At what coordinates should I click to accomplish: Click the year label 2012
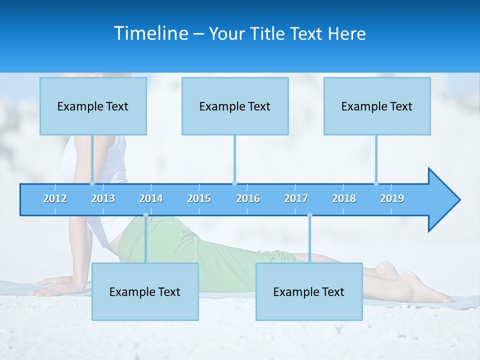point(55,198)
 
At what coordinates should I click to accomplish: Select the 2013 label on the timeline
point(103,198)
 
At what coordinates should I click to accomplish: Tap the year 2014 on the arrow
point(151,198)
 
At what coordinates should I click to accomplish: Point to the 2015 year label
point(199,198)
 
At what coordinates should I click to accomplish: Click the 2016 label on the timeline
point(248,198)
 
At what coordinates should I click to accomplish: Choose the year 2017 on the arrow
point(296,198)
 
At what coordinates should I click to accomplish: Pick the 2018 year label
point(344,198)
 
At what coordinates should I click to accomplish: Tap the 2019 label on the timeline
point(392,198)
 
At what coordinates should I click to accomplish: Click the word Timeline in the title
point(150,33)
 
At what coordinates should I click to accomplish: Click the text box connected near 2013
point(93,106)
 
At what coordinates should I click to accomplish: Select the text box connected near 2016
point(235,106)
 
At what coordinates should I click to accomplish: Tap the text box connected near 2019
point(377,106)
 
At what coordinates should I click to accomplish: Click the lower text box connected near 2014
point(145,291)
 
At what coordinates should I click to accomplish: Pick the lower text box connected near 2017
point(309,291)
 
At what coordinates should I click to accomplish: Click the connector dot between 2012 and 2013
point(92,183)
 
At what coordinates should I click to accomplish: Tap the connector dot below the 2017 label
point(309,215)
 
